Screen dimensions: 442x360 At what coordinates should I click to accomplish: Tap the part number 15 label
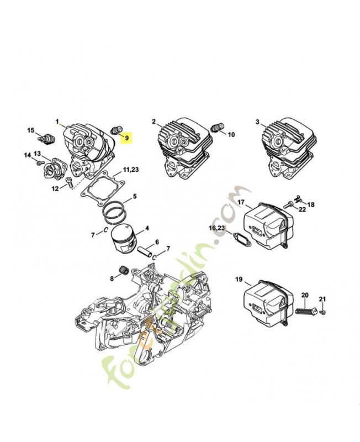tap(31, 130)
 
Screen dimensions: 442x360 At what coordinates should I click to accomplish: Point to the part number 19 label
tap(239, 280)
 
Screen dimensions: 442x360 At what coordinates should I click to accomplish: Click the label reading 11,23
tap(131, 169)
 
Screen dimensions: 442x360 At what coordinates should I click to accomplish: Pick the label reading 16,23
tap(216, 228)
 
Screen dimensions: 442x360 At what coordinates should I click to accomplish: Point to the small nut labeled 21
tap(324, 312)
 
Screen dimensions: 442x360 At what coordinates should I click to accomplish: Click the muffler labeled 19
tap(263, 301)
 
